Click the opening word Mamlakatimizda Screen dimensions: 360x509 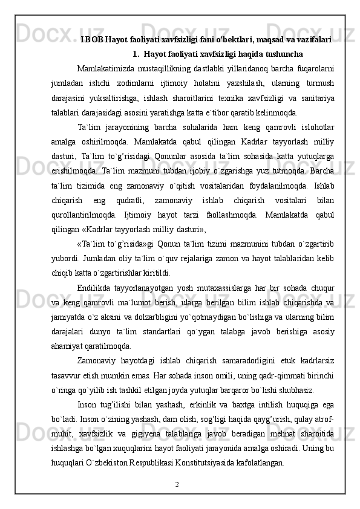(106, 68)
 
